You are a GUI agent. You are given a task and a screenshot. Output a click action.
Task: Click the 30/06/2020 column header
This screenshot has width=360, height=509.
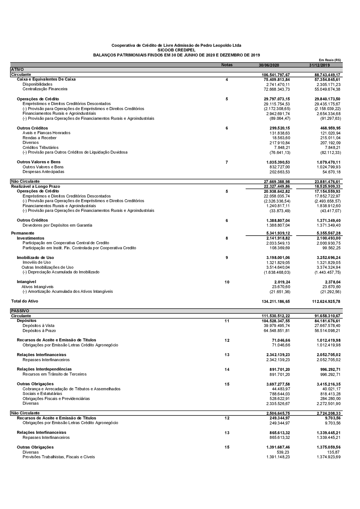tap(269, 65)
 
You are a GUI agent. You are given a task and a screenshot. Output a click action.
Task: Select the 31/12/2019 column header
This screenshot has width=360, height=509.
tap(319, 65)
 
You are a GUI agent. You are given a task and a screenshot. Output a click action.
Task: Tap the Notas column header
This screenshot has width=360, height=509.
tap(227, 65)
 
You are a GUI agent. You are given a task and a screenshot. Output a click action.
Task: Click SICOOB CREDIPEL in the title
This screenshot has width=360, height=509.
tap(176, 50)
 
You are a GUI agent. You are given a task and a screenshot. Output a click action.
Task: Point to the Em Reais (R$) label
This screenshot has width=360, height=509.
tap(330, 60)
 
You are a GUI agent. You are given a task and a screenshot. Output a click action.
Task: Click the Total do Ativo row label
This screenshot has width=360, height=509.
tap(24, 301)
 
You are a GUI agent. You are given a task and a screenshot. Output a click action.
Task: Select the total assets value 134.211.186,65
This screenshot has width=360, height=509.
tap(276, 301)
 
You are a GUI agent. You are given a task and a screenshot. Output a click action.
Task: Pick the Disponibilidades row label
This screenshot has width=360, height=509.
tap(37, 84)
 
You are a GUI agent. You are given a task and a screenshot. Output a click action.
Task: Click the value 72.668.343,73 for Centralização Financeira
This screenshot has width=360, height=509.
tap(276, 89)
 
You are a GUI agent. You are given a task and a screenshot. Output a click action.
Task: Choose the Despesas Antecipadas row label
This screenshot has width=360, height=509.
tap(44, 172)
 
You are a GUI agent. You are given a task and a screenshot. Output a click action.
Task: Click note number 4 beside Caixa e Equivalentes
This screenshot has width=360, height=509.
tap(227, 79)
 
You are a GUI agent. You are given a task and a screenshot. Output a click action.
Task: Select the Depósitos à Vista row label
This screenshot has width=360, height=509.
tap(39, 326)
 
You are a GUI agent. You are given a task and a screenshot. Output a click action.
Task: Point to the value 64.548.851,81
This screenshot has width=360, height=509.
tap(276, 331)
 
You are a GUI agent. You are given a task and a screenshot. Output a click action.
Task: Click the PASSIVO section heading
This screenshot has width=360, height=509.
tap(20, 310)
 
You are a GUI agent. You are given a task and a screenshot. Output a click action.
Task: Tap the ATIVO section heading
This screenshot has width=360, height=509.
tap(17, 69)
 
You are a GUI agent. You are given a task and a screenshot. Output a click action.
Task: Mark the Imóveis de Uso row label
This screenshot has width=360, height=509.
tap(37, 262)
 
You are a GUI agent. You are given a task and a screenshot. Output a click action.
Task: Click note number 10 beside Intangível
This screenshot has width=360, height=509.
tap(227, 282)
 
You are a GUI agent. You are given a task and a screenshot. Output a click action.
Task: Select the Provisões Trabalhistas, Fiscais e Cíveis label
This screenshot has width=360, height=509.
tap(59, 457)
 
